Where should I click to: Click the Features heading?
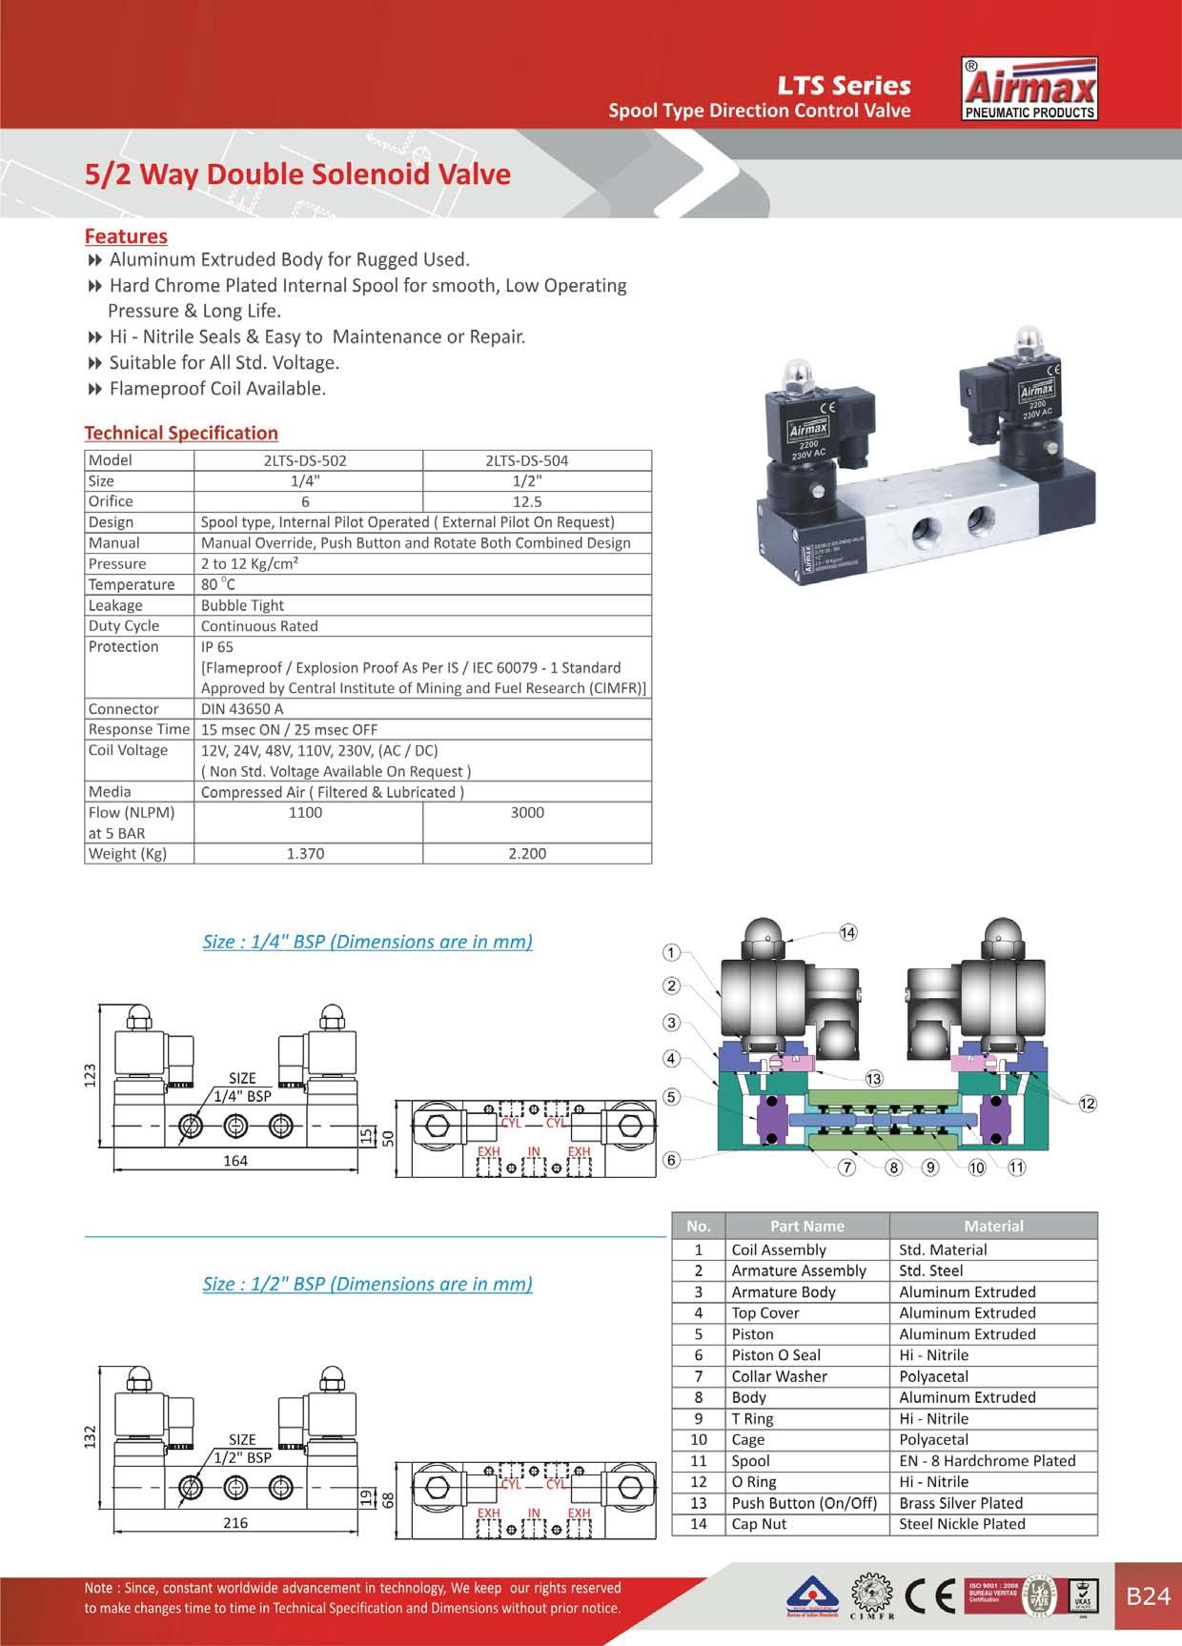(x=126, y=235)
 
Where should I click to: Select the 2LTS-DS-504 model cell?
(x=526, y=460)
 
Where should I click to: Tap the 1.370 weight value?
(x=305, y=854)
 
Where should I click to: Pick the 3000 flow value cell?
(x=527, y=813)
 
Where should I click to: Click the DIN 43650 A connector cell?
(x=242, y=709)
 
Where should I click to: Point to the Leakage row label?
(x=115, y=605)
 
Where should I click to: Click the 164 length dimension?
(x=234, y=1160)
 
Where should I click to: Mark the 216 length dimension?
(x=234, y=1522)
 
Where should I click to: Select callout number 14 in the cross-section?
(x=847, y=932)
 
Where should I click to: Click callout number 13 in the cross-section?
(x=873, y=1078)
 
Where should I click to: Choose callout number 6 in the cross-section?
(x=672, y=1160)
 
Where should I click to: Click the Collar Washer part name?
(x=779, y=1376)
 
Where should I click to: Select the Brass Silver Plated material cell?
(x=961, y=1503)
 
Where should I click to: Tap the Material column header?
(x=993, y=1226)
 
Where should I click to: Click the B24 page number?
(x=1148, y=1596)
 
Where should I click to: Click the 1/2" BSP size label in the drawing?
(x=242, y=1457)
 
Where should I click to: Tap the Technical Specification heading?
(x=181, y=433)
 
